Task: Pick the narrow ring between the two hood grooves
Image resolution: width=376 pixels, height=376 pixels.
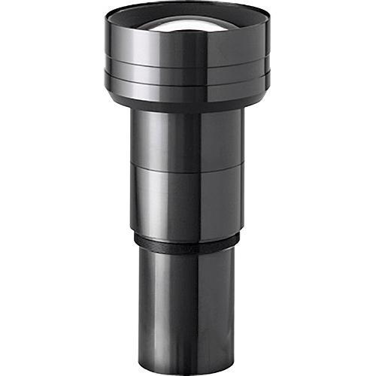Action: coord(188,70)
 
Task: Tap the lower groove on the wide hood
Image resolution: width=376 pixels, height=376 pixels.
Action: coord(188,77)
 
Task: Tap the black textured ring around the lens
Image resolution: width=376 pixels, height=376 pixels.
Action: coord(188,242)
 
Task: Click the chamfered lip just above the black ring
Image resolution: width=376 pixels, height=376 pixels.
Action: coord(188,232)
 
